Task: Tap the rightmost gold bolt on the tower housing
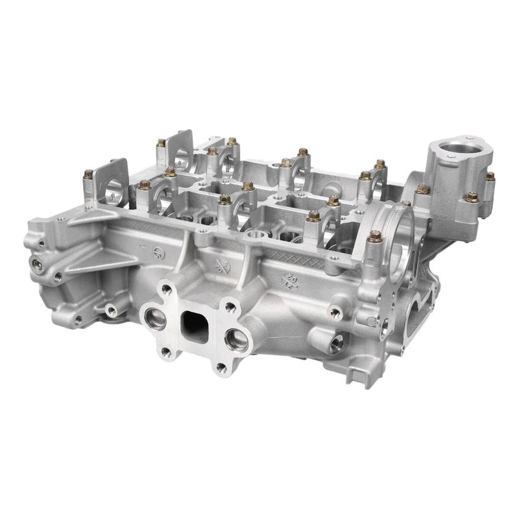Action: [x=489, y=175]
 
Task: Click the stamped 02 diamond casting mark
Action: [x=289, y=279]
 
